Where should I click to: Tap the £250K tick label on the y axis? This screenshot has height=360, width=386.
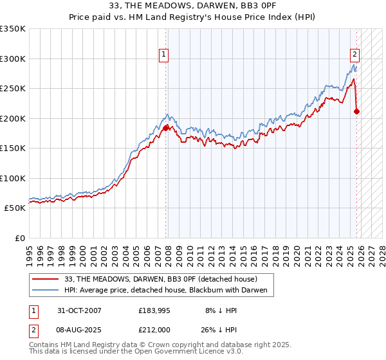(x=13, y=89)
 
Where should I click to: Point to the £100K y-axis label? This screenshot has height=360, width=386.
(x=13, y=178)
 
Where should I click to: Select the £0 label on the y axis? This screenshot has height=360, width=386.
(x=19, y=238)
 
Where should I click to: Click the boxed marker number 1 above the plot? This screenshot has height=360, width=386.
(x=165, y=55)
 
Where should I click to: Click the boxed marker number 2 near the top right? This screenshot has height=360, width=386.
(x=354, y=55)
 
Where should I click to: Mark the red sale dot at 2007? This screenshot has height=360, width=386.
(x=166, y=128)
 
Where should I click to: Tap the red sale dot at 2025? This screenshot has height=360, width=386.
(x=357, y=111)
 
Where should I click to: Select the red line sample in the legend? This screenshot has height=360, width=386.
(x=46, y=279)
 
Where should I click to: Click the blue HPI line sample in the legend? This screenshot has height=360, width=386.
(x=46, y=291)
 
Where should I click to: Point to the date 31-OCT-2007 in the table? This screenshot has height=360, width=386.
(x=79, y=310)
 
